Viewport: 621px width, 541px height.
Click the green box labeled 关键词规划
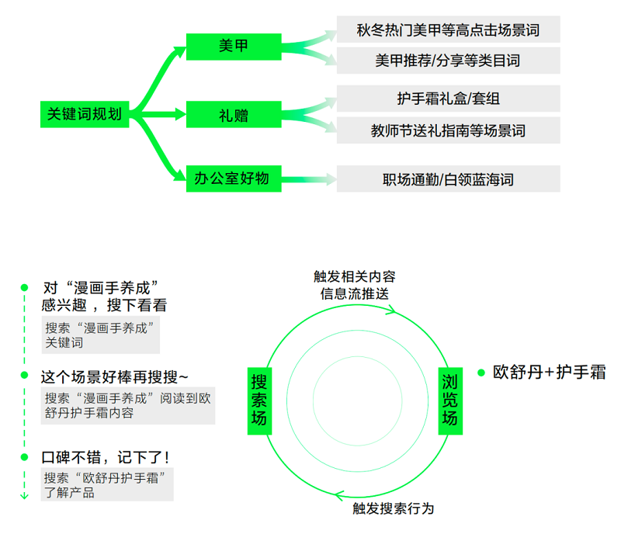click(x=85, y=114)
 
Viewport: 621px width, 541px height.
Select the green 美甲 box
click(x=234, y=47)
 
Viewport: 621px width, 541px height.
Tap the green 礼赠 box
click(x=234, y=114)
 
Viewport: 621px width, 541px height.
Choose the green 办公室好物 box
click(x=234, y=179)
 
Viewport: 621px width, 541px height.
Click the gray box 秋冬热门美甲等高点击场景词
click(x=449, y=29)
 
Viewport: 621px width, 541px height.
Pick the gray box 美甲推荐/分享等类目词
click(x=449, y=61)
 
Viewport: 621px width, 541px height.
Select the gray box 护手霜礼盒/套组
click(x=449, y=99)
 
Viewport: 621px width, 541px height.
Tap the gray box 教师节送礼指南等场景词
click(x=449, y=130)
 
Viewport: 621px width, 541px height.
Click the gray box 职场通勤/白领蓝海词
click(x=449, y=179)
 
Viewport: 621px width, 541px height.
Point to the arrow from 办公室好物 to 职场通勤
click(x=309, y=179)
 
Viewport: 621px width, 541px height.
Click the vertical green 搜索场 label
click(x=259, y=401)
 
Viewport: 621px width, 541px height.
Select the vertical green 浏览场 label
click(x=450, y=401)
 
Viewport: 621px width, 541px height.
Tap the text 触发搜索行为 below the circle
click(x=394, y=508)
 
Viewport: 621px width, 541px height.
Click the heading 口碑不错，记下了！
click(x=106, y=457)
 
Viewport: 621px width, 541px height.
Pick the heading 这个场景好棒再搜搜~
click(x=114, y=377)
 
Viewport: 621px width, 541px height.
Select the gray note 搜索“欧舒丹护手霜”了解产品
click(x=107, y=485)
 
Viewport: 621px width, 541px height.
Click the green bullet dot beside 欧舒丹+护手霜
click(x=481, y=373)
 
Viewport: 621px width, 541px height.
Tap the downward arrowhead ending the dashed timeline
click(x=24, y=496)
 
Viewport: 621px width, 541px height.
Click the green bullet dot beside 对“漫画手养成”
click(x=24, y=287)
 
